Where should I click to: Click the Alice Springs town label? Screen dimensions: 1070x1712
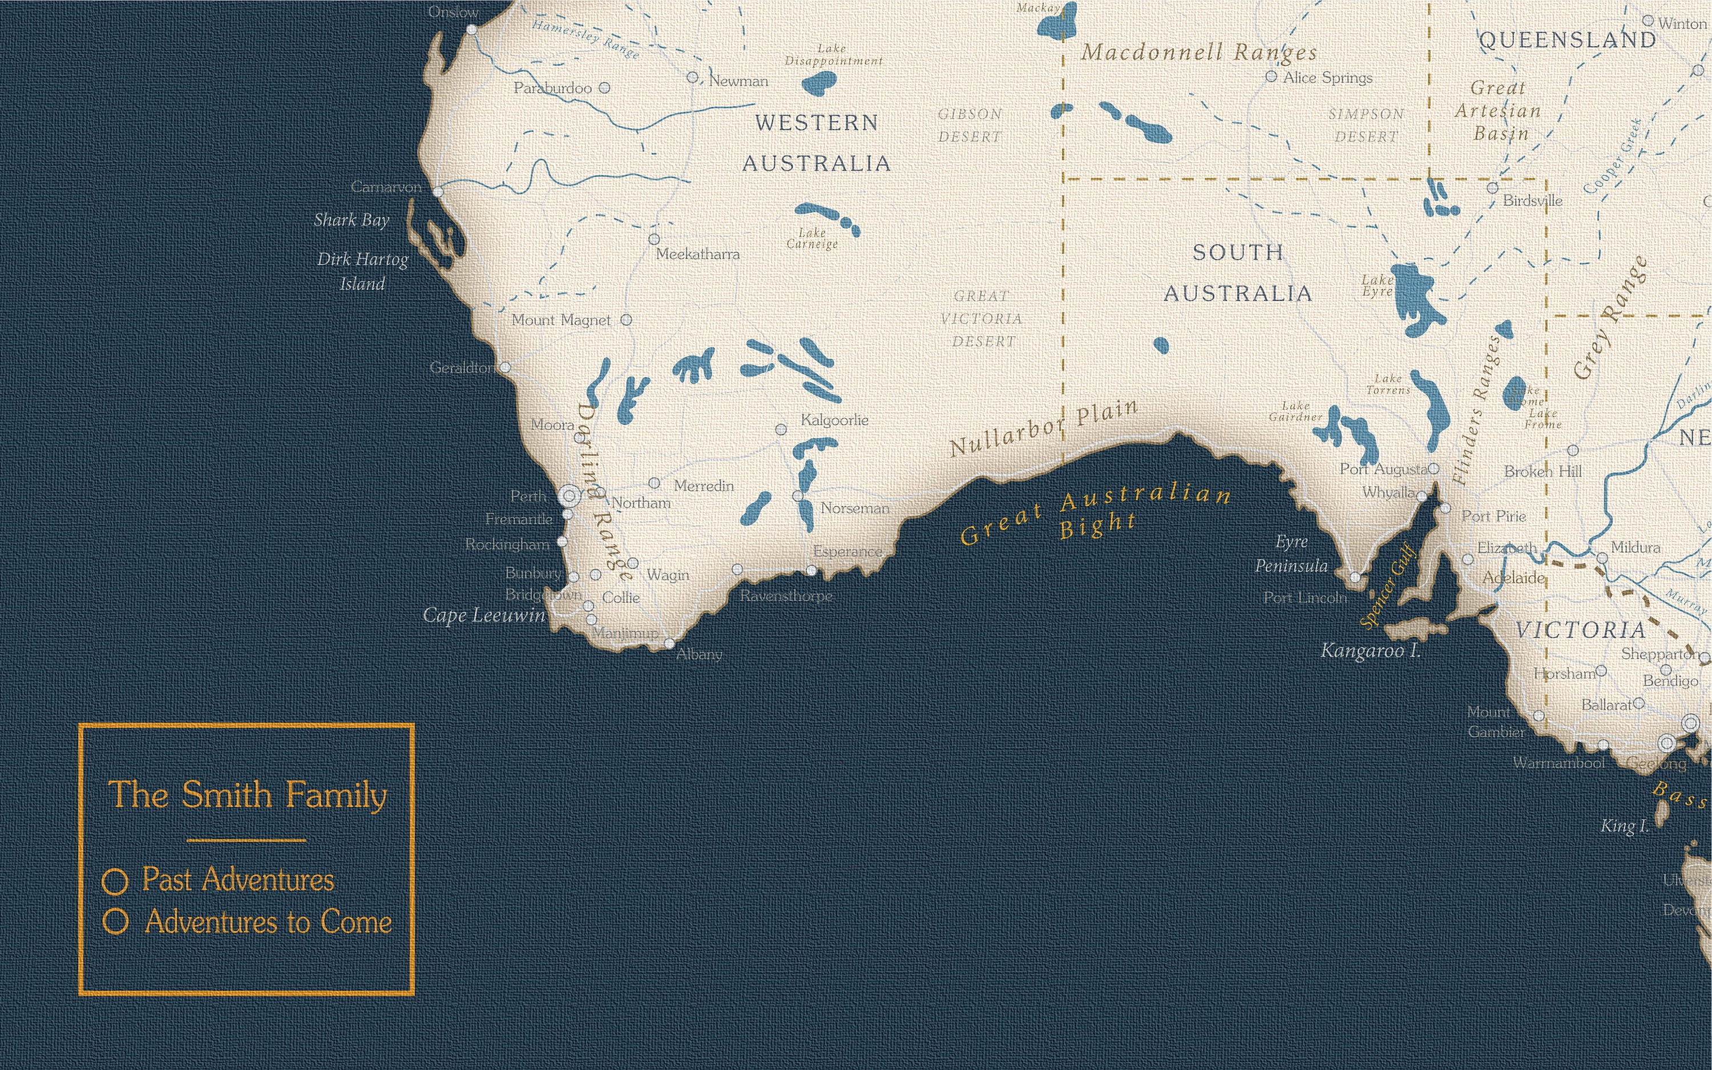[1327, 78]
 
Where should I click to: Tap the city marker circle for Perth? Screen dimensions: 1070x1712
[570, 495]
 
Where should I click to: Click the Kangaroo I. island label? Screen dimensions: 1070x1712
[1370, 651]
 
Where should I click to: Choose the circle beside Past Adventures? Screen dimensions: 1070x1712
[115, 882]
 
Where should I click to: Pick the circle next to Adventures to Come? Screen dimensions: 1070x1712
[115, 922]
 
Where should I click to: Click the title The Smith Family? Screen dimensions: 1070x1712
[247, 795]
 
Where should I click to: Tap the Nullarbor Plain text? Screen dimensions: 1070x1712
[1044, 429]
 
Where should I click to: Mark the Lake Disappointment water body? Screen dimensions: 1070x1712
[819, 83]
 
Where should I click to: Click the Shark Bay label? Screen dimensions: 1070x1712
[352, 220]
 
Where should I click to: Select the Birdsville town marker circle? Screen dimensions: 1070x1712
[1492, 188]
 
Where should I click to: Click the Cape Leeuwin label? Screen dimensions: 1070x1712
[484, 616]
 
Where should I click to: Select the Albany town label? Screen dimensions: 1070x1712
[699, 655]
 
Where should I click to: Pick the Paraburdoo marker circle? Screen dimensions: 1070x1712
[604, 88]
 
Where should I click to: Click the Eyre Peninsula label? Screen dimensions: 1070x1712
[1291, 554]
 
